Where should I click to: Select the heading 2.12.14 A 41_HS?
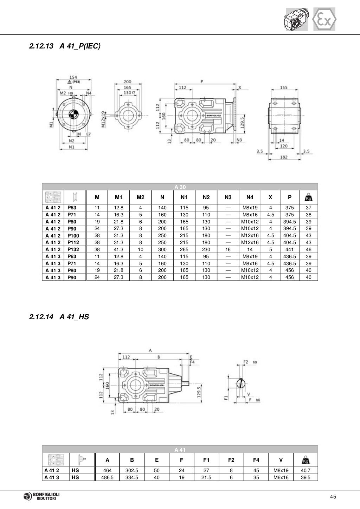(x=59, y=317)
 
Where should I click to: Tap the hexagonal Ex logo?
(x=324, y=20)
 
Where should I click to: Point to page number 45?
(x=333, y=496)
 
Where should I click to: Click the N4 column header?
(x=250, y=197)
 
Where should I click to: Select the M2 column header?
(x=140, y=197)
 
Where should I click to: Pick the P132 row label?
(x=73, y=249)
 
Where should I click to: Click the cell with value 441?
(x=289, y=249)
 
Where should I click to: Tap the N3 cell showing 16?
(x=228, y=249)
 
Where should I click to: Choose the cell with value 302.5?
(x=132, y=470)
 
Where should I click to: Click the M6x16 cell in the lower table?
(x=281, y=477)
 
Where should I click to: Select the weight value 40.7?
(x=306, y=470)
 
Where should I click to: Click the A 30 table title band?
(x=180, y=187)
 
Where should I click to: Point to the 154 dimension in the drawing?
(x=73, y=77)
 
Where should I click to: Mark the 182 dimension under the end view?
(x=284, y=157)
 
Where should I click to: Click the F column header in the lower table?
(x=181, y=460)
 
